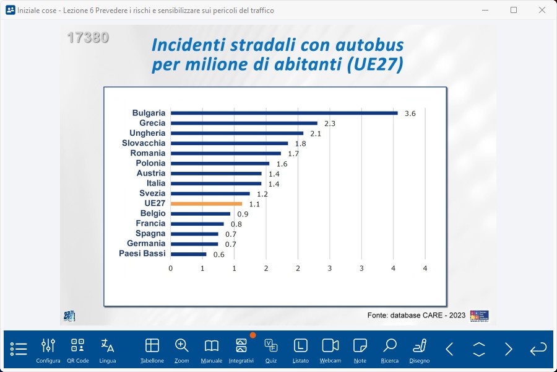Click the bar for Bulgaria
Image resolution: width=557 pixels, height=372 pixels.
(284, 113)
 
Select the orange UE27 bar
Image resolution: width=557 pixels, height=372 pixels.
(206, 203)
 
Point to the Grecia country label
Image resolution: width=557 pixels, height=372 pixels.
(152, 123)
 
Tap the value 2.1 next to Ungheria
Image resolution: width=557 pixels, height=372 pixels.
(315, 133)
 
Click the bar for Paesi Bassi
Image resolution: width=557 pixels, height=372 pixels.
(189, 254)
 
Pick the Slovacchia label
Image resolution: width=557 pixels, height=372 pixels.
(144, 143)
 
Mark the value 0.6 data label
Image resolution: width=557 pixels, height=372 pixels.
(219, 254)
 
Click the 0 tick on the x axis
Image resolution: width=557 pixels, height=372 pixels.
(171, 268)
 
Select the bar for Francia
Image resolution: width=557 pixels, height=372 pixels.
(197, 224)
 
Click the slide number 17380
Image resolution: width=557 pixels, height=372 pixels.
(88, 38)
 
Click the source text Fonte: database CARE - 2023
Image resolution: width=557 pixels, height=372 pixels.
(416, 315)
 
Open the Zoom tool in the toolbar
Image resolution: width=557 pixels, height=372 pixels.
(182, 350)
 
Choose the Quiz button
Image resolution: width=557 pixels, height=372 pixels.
(270, 350)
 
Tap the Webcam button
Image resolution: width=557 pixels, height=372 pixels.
(330, 350)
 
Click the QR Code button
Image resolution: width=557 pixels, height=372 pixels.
(78, 350)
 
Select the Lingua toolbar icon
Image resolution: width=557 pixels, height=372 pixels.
(108, 350)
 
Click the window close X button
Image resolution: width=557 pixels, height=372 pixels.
(542, 10)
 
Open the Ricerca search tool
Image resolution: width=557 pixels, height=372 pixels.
(390, 350)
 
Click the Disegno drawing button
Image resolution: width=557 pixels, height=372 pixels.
(420, 350)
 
